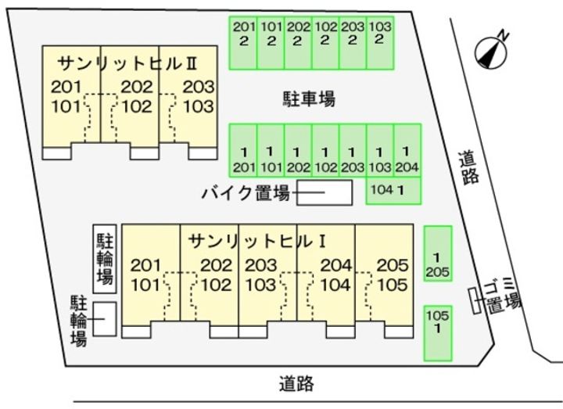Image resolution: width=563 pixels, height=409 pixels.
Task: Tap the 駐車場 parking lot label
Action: coord(309,99)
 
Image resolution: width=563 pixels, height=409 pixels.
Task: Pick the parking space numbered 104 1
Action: coord(393,190)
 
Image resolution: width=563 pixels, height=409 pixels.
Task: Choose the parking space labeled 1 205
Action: coord(437,254)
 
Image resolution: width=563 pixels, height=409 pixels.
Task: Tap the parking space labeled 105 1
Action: coord(437,332)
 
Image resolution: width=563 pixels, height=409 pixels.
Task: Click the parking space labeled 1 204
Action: coord(407,150)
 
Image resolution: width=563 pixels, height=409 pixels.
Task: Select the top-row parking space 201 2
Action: coord(243,41)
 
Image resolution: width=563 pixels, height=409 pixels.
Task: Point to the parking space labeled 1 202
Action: coord(298,150)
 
